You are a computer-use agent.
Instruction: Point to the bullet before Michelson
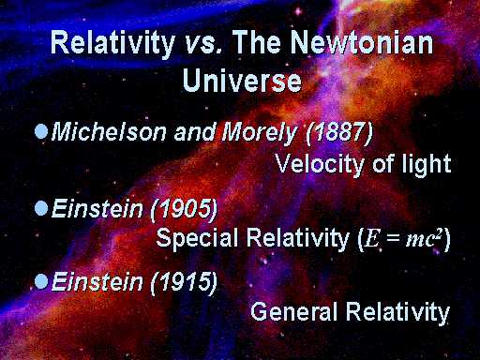coord(41,131)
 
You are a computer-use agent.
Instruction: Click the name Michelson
coord(108,132)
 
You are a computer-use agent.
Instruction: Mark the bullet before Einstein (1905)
coord(41,206)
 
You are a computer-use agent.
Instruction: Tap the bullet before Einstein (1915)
coord(41,279)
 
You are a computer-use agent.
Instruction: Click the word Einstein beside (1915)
coord(93,280)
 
